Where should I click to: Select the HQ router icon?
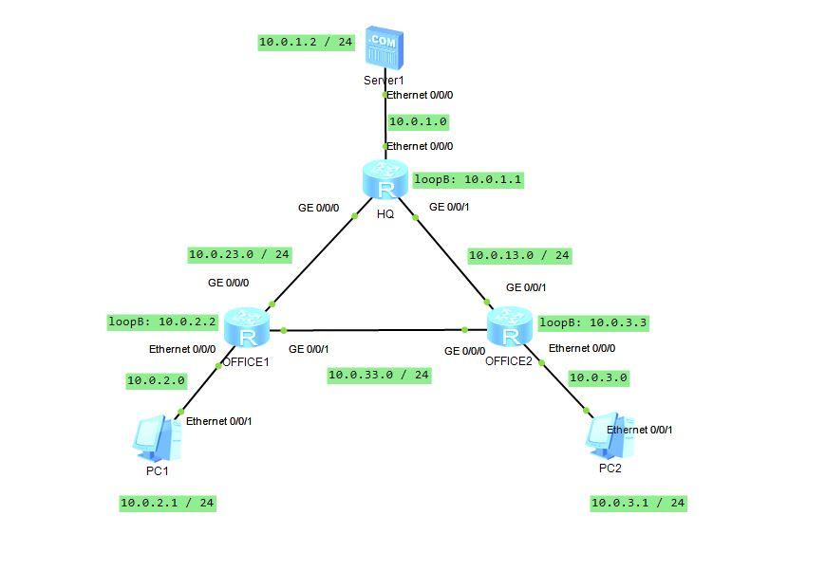click(x=385, y=180)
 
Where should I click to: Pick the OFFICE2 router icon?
click(x=511, y=327)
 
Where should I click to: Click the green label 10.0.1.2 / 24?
click(x=306, y=42)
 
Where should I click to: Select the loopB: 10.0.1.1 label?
click(x=467, y=179)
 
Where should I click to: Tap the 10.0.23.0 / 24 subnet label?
click(x=239, y=254)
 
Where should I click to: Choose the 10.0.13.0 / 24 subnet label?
click(x=519, y=255)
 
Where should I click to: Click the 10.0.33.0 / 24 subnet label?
click(x=379, y=375)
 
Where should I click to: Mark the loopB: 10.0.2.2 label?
click(x=163, y=322)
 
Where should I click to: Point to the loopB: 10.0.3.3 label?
click(x=593, y=322)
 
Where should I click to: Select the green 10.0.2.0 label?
click(x=156, y=380)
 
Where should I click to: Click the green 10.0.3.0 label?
click(x=598, y=377)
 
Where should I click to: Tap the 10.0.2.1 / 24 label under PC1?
click(x=167, y=503)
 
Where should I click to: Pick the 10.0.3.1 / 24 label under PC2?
click(x=638, y=503)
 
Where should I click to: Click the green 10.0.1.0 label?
click(x=418, y=121)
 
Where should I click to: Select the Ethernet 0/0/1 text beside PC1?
click(x=218, y=421)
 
